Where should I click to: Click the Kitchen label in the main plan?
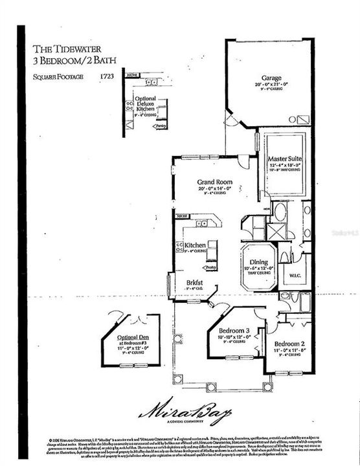(x=195, y=246)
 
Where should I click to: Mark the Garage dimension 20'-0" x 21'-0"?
(x=271, y=83)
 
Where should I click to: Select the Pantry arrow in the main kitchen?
(x=210, y=267)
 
